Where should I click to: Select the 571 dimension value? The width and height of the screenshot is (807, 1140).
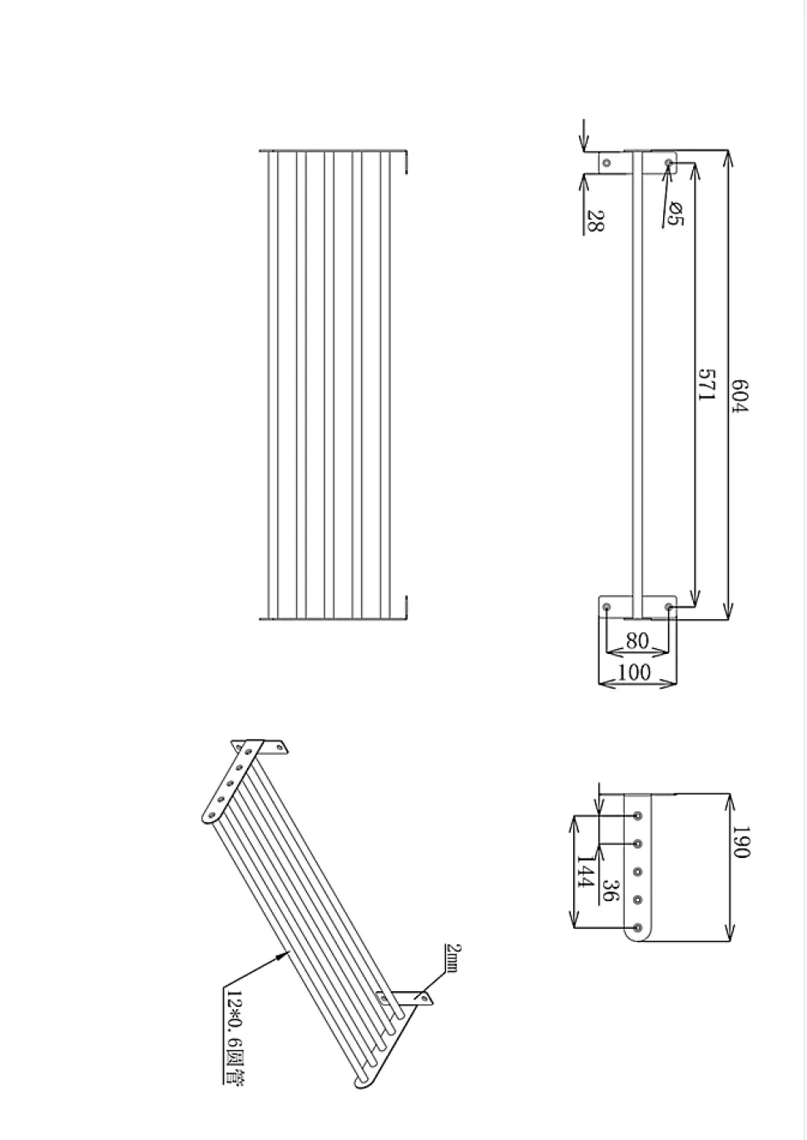pos(706,384)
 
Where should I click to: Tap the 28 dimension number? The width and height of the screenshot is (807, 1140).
pos(595,220)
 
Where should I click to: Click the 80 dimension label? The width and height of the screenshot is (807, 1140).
pos(636,641)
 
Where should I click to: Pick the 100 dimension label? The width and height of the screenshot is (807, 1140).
pos(636,672)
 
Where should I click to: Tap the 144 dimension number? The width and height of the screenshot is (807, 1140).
pos(585,876)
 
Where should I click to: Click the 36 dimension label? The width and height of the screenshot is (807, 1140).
pos(610,890)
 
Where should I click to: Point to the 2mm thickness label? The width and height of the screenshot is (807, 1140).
pos(453,958)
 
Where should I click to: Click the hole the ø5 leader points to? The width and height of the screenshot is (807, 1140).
pos(668,162)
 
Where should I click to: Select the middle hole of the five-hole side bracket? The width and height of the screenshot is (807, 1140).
pos(637,872)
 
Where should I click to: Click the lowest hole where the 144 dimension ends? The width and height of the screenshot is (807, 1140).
pos(637,927)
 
